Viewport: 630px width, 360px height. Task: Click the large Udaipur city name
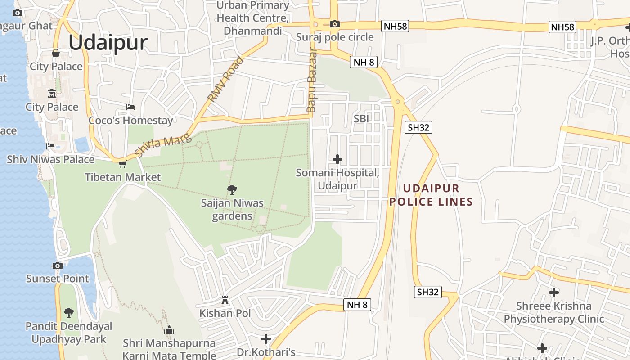tap(108, 43)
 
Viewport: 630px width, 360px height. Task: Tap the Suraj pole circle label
tap(335, 37)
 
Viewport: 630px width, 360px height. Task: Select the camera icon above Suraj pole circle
tap(334, 24)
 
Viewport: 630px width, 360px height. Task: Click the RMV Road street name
tap(225, 79)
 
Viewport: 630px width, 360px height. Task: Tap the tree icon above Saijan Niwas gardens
tap(232, 190)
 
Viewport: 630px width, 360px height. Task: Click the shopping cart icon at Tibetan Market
tap(122, 164)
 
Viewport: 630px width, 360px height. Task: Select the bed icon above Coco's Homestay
tap(130, 107)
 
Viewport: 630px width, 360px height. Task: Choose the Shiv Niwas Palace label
tap(50, 160)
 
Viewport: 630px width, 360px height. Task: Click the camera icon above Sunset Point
tap(57, 265)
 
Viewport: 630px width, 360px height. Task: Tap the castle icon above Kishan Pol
tap(225, 300)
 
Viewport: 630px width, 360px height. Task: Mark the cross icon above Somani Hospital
tap(337, 159)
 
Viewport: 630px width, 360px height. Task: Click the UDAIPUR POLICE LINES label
tap(431, 195)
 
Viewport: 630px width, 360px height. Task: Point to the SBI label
tap(361, 118)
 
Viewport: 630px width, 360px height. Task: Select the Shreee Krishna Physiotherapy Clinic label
tap(553, 312)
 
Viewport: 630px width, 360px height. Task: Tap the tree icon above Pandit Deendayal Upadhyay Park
tap(69, 312)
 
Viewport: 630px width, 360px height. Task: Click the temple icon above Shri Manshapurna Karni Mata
tap(169, 330)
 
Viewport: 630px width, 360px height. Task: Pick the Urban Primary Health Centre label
tap(253, 18)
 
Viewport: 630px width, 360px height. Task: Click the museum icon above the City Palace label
tap(52, 94)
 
